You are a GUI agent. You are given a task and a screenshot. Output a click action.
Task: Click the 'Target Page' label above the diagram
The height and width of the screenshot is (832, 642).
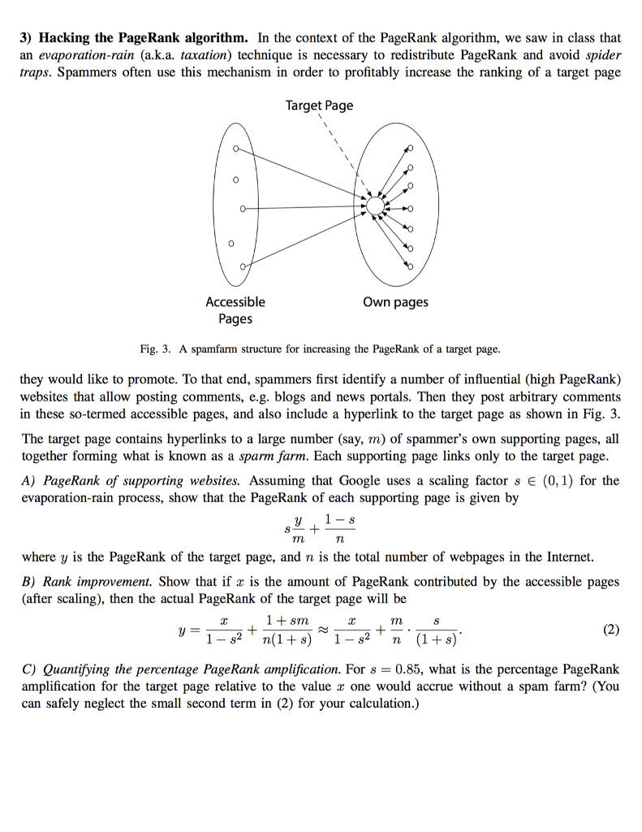(319, 106)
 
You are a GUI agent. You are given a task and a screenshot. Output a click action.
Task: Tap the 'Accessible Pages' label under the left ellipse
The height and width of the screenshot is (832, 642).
(235, 310)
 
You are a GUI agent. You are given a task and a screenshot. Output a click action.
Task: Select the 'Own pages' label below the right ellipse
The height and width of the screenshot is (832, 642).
(395, 302)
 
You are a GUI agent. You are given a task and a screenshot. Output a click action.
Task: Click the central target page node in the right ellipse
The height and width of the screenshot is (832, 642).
(374, 207)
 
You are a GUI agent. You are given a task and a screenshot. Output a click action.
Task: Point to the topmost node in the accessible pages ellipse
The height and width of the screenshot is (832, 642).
(235, 149)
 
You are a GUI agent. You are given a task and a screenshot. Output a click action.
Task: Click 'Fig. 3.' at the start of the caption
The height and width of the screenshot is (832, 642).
(154, 349)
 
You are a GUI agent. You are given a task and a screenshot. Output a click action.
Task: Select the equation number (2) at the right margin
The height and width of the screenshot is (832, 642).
(610, 629)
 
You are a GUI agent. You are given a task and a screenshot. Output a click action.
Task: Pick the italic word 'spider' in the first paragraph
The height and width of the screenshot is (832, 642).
(601, 55)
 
